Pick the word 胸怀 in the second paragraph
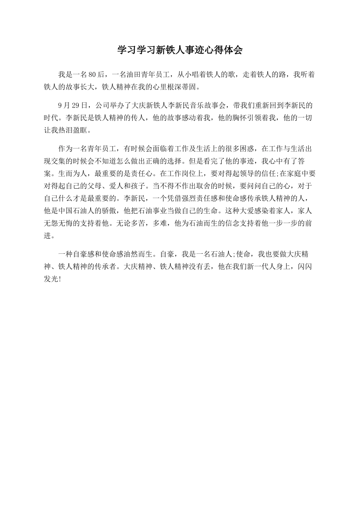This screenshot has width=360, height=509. coord(236,117)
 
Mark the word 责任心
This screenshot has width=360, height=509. coord(140,173)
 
